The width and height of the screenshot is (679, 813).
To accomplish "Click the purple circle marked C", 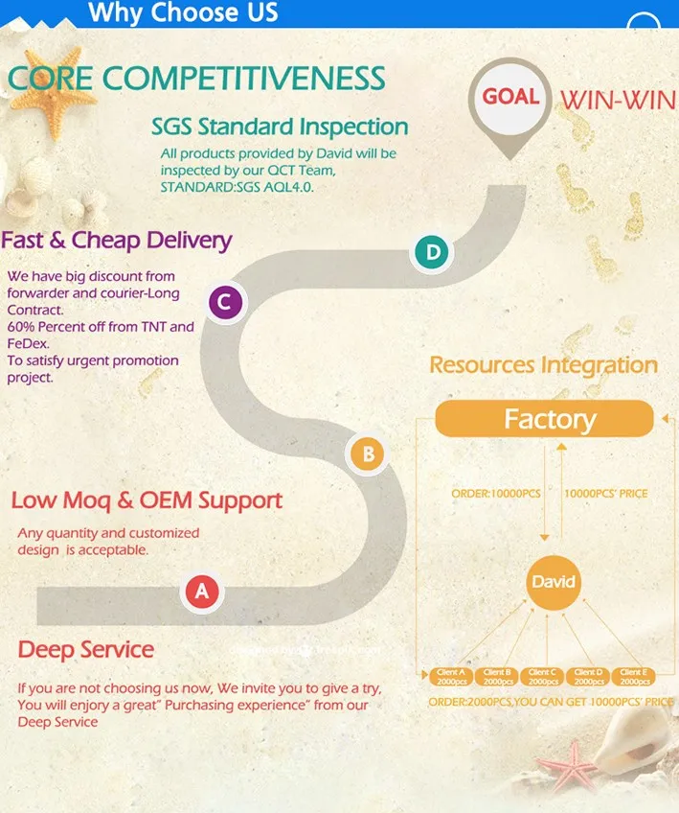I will pyautogui.click(x=223, y=303).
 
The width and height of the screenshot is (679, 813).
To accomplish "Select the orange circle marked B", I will pyautogui.click(x=368, y=453).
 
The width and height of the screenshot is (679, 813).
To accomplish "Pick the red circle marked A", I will pyautogui.click(x=201, y=592).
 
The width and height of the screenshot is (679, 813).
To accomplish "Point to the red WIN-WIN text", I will pyautogui.click(x=618, y=100).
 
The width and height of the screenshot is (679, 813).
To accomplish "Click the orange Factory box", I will pyautogui.click(x=544, y=419).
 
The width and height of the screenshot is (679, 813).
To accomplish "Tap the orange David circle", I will pyautogui.click(x=553, y=582).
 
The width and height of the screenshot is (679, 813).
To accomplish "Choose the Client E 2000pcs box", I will pyautogui.click(x=631, y=676).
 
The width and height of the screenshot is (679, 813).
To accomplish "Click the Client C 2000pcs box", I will pyautogui.click(x=541, y=676).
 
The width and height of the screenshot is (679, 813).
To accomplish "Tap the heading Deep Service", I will pyautogui.click(x=86, y=649).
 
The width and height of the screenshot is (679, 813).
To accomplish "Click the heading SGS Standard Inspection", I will pyautogui.click(x=280, y=127).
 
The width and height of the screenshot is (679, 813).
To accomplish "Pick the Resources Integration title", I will pyautogui.click(x=543, y=365).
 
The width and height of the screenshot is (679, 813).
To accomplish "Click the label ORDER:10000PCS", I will pyautogui.click(x=496, y=494).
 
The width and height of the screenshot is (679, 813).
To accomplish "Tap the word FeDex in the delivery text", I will pyautogui.click(x=28, y=342).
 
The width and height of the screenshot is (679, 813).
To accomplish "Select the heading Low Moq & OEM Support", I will pyautogui.click(x=147, y=499).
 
